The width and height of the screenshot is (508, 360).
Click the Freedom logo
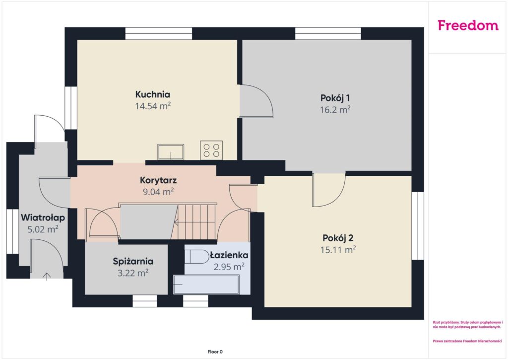(x=468, y=25)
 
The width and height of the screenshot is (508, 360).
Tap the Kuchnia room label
(x=153, y=94)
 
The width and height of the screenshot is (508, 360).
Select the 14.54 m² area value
(x=153, y=106)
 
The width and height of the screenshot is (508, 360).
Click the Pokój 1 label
(x=335, y=98)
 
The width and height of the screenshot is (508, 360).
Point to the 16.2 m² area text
(x=335, y=110)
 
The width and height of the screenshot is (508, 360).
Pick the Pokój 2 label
(x=338, y=238)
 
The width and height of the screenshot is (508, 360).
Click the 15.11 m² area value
(x=338, y=250)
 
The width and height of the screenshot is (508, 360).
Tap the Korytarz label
(x=158, y=180)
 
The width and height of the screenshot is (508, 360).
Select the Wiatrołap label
(x=43, y=217)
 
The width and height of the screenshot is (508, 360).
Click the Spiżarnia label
(x=133, y=261)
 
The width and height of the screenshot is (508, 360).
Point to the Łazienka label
(x=229, y=255)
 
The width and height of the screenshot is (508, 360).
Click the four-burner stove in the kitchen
(x=211, y=150)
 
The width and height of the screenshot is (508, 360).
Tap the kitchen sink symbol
(x=171, y=152)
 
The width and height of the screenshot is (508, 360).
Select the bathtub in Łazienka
(x=206, y=285)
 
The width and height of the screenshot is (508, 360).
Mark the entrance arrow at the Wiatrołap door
(x=47, y=276)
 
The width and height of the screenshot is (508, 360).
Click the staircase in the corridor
(x=193, y=222)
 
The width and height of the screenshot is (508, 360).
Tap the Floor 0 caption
(x=215, y=352)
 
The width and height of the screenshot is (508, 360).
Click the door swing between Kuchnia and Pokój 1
(x=256, y=101)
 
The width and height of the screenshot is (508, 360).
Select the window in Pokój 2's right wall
(x=418, y=226)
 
